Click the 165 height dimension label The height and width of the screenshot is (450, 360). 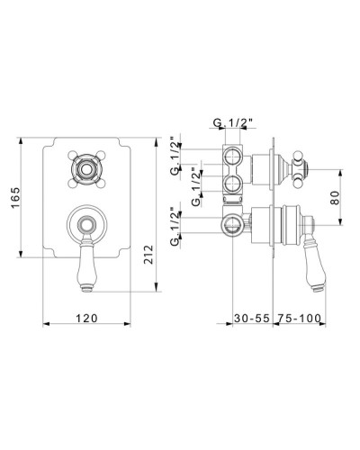click(15, 197)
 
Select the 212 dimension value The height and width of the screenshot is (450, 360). click(148, 255)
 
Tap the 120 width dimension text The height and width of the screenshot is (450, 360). click(86, 318)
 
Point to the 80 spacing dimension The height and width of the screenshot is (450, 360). click(335, 197)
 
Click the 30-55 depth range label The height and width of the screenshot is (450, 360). click(252, 318)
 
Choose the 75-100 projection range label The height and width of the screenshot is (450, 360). click(299, 318)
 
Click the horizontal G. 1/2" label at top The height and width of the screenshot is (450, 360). click(233, 122)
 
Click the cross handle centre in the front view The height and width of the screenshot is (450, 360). click(86, 170)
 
